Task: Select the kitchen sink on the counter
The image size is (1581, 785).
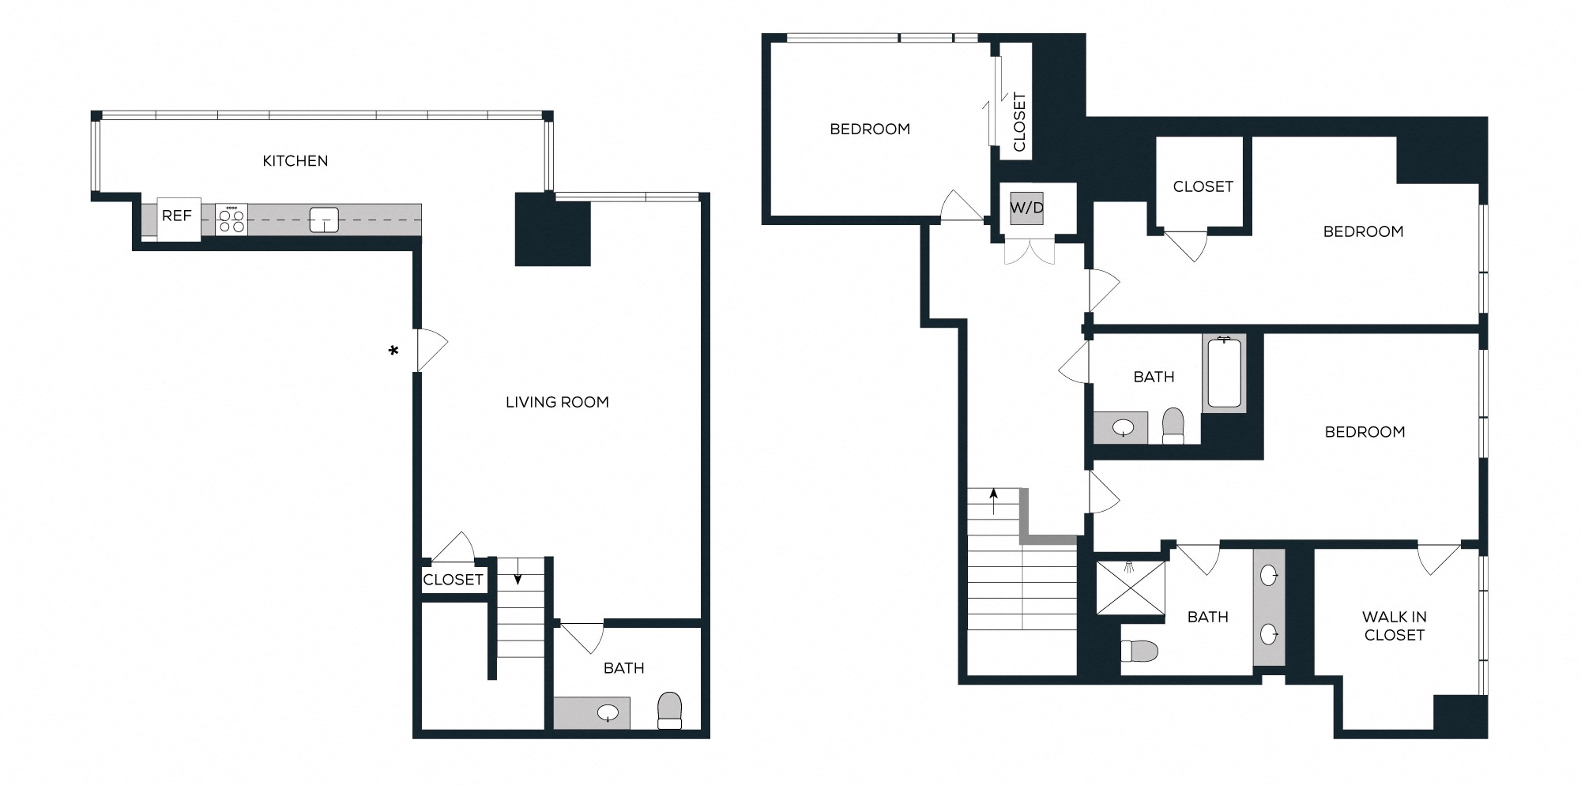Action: [x=323, y=220]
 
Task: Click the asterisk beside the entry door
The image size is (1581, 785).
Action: [x=393, y=350]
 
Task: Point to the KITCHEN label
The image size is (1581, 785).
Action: [x=295, y=161]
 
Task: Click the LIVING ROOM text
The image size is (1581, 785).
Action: [x=557, y=402]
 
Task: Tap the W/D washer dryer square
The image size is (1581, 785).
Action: [x=1027, y=208]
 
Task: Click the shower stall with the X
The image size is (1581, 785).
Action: [x=1130, y=587]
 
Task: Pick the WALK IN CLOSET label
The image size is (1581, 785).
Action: [x=1395, y=625]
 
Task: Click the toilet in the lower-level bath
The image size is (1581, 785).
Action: [x=670, y=710]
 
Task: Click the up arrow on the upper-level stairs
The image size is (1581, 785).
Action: [x=994, y=502]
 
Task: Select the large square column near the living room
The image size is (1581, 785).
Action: [x=552, y=229]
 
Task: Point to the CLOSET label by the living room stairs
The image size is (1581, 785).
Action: [x=453, y=579]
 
